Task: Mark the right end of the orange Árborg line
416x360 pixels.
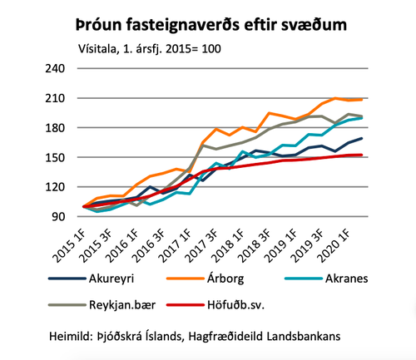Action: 384,99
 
